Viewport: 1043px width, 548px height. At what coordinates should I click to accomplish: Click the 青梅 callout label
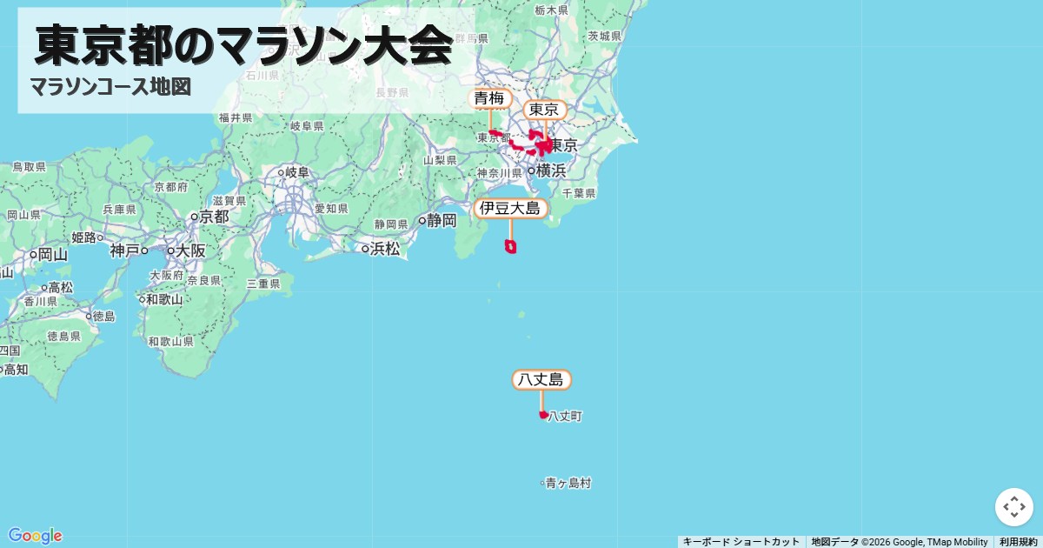pyautogui.click(x=489, y=98)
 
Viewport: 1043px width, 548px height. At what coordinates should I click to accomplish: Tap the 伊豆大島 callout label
pyautogui.click(x=511, y=208)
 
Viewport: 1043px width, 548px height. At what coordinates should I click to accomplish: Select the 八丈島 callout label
pyautogui.click(x=541, y=379)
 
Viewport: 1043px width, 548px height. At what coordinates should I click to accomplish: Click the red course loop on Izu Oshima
pyautogui.click(x=511, y=247)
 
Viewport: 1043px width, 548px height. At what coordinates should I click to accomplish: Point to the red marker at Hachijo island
pyautogui.click(x=543, y=415)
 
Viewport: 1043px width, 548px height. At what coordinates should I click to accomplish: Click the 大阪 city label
pyautogui.click(x=190, y=251)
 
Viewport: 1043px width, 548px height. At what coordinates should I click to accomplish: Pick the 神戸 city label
pyautogui.click(x=124, y=251)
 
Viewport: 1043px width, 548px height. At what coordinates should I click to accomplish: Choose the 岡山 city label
pyautogui.click(x=52, y=255)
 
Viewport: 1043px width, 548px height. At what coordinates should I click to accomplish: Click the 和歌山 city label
pyautogui.click(x=164, y=299)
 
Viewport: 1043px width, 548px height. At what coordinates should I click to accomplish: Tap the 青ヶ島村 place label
pyautogui.click(x=568, y=483)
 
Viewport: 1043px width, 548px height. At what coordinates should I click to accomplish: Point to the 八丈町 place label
pyautogui.click(x=565, y=417)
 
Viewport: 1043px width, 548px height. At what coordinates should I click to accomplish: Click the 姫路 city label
pyautogui.click(x=84, y=237)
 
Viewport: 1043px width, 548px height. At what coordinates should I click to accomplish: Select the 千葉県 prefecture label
pyautogui.click(x=578, y=193)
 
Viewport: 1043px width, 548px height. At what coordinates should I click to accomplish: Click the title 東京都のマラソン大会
pyautogui.click(x=244, y=46)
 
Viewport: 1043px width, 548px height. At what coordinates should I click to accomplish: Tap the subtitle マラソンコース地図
pyautogui.click(x=110, y=87)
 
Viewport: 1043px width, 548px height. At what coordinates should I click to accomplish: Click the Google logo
pyautogui.click(x=35, y=535)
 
